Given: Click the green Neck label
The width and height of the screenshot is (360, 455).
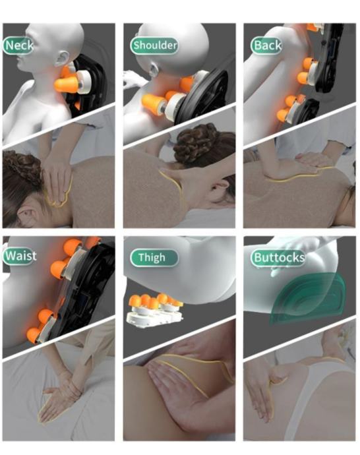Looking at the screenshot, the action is pyautogui.click(x=18, y=45).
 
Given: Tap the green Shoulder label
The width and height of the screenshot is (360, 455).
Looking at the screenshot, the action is pyautogui.click(x=154, y=45).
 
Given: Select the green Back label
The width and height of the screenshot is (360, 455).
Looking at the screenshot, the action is pyautogui.click(x=266, y=45).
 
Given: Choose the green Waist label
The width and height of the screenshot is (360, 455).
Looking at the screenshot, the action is pyautogui.click(x=20, y=256).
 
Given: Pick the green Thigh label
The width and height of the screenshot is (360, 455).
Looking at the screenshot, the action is pyautogui.click(x=154, y=258).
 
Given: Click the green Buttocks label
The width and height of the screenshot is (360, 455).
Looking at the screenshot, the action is pyautogui.click(x=278, y=258).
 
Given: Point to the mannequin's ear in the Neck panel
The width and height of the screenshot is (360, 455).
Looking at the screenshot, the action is pyautogui.click(x=63, y=58).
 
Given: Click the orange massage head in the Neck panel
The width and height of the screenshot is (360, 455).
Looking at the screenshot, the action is pyautogui.click(x=66, y=83).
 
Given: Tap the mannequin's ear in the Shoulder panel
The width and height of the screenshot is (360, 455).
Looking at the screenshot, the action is pyautogui.click(x=153, y=70).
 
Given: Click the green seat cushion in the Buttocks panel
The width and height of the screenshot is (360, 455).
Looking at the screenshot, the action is pyautogui.click(x=307, y=298).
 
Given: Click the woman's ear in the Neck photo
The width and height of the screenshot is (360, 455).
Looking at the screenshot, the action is pyautogui.click(x=26, y=216).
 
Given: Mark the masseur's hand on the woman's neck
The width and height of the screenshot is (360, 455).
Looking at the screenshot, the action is pyautogui.click(x=57, y=183).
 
